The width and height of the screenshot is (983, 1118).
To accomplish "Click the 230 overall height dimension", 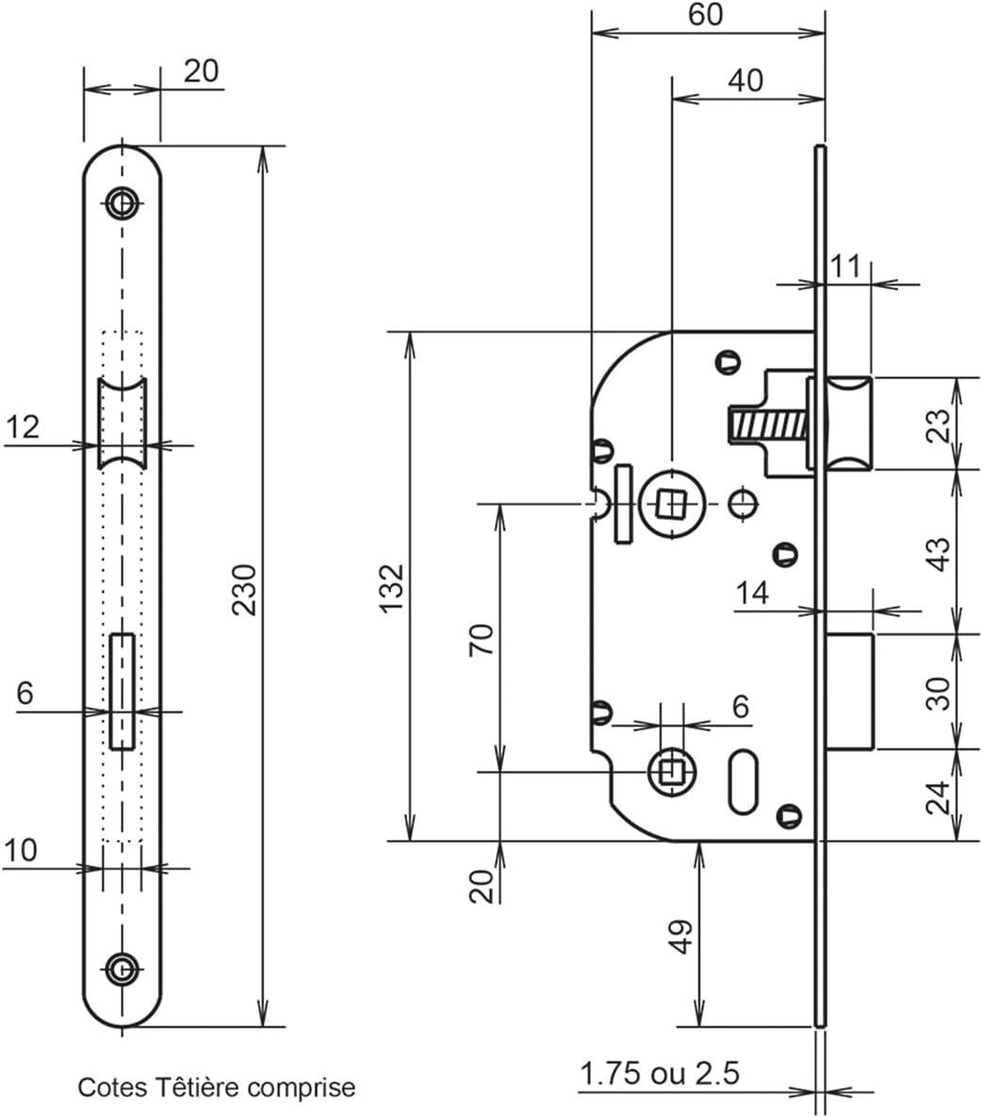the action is coord(244,590).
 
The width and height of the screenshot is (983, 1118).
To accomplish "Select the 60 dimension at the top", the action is coord(706,14).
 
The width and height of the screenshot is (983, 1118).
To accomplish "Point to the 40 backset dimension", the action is coord(745,80).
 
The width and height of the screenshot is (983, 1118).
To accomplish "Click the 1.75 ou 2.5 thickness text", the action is coord(660,1073).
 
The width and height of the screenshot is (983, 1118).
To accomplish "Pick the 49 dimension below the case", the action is coord(682,936).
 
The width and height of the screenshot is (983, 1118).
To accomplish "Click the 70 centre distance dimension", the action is coord(482,639).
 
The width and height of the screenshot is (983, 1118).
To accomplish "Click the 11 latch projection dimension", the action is coord(845,267).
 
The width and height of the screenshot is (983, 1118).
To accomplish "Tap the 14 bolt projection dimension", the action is coord(753,592).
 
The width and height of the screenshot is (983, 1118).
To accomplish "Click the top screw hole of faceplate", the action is coord(123,204).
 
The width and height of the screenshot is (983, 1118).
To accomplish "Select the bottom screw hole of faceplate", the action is coord(123,969).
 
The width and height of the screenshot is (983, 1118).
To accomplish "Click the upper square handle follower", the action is coord(671,503).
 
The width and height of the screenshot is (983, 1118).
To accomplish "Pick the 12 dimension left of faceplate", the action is coord(23,427).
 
